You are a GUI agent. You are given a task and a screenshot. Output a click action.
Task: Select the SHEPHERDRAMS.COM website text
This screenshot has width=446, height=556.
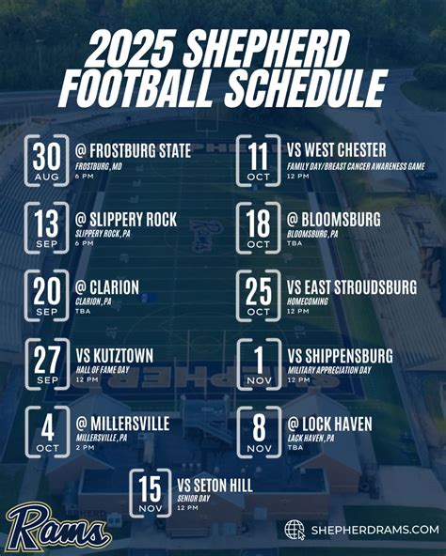coord(374,531)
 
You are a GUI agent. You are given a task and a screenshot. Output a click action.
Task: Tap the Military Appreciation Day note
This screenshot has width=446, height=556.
coord(328,371)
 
